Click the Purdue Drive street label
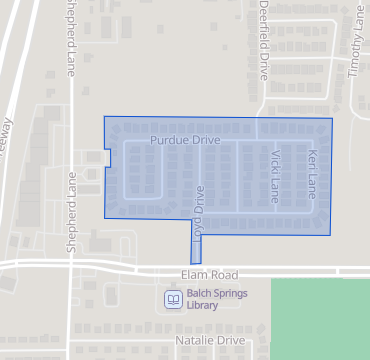click(x=185, y=141)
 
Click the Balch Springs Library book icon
click(x=173, y=299)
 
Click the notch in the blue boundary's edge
click(x=107, y=158)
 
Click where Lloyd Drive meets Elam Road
click(x=195, y=266)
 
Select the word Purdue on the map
click(x=169, y=141)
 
